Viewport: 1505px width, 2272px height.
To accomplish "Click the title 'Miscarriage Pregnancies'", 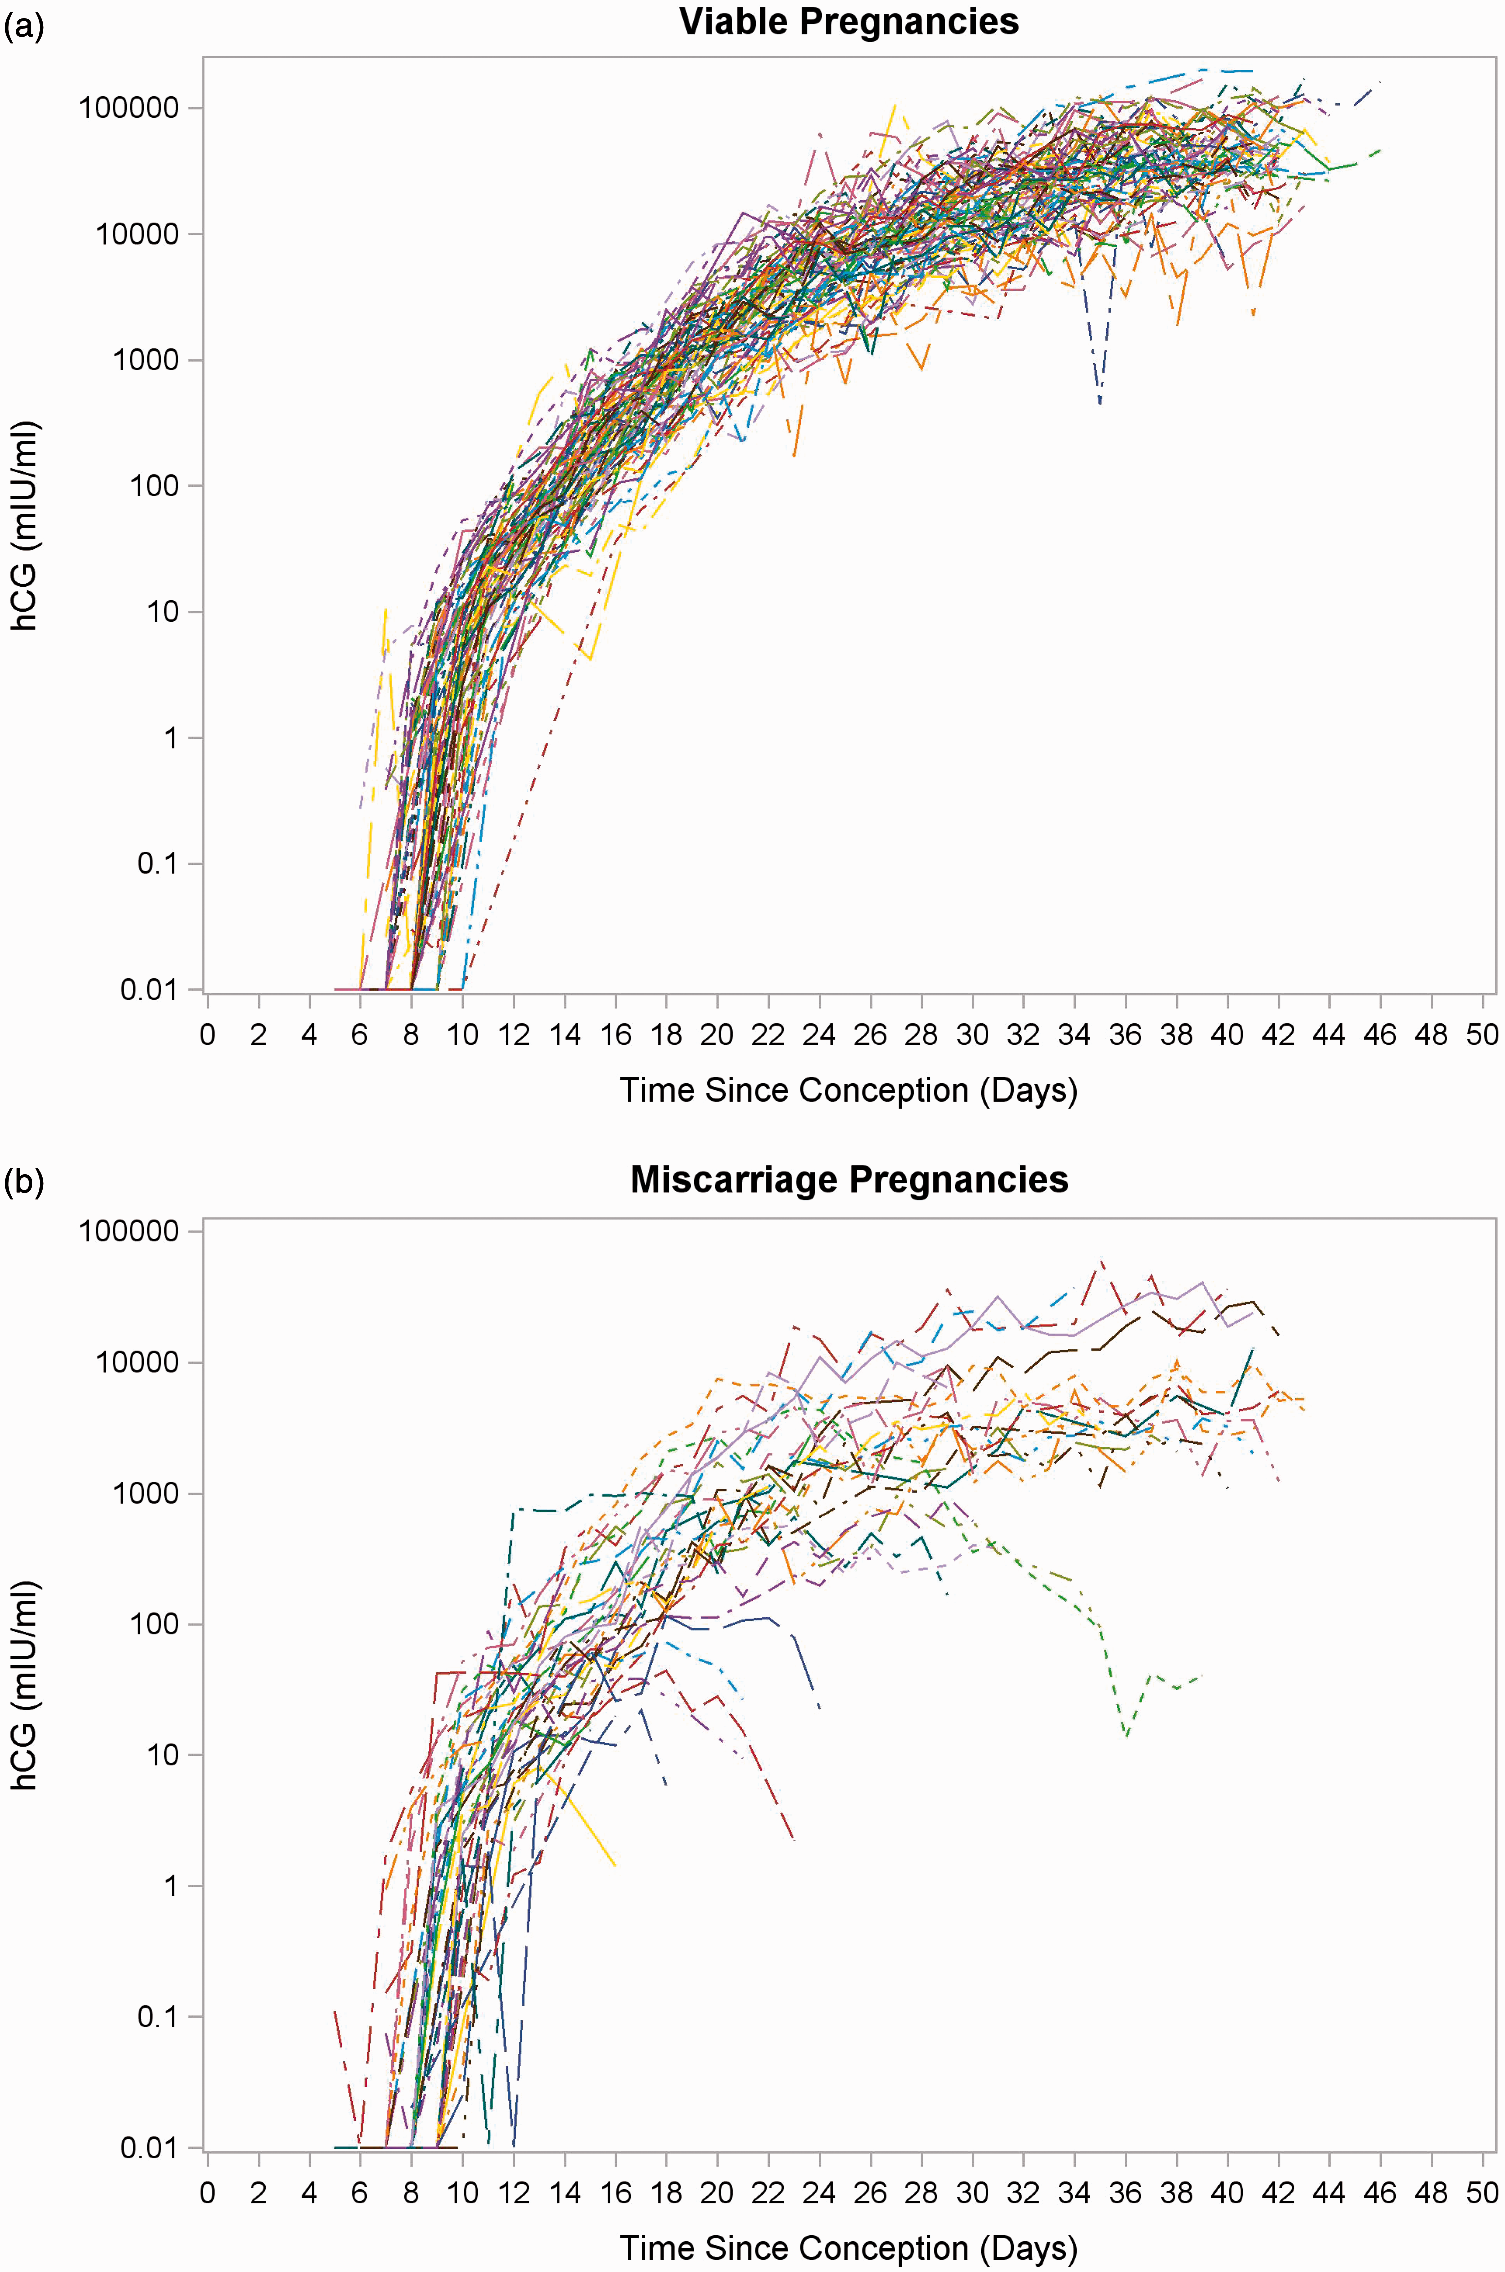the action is (850, 1179).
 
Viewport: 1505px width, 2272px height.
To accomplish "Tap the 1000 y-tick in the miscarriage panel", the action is (147, 1494).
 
